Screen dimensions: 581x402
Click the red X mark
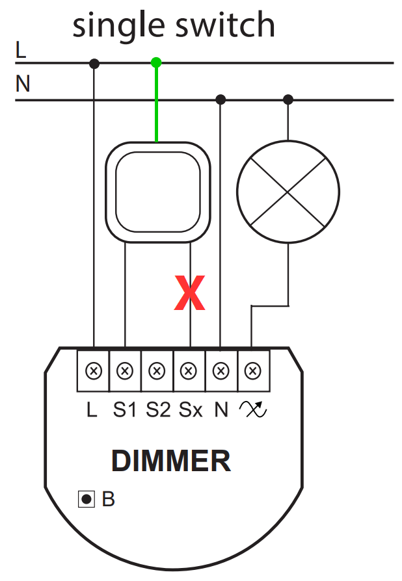click(x=189, y=294)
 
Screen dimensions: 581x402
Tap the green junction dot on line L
click(x=155, y=63)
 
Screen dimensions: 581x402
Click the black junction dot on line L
click(x=95, y=63)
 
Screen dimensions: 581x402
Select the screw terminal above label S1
click(x=125, y=371)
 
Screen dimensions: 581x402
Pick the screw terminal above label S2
click(x=157, y=371)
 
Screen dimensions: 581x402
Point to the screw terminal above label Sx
click(x=189, y=371)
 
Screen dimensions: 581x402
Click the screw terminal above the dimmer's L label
click(x=94, y=371)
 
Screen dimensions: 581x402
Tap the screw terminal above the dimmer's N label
click(x=221, y=371)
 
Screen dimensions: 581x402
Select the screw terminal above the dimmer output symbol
click(x=252, y=371)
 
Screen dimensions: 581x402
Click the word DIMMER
click(x=171, y=461)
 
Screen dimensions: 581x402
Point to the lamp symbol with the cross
click(x=288, y=192)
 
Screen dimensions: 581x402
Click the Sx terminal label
click(x=191, y=411)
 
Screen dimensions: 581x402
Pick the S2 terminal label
click(x=158, y=411)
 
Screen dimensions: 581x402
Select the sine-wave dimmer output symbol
click(x=253, y=410)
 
